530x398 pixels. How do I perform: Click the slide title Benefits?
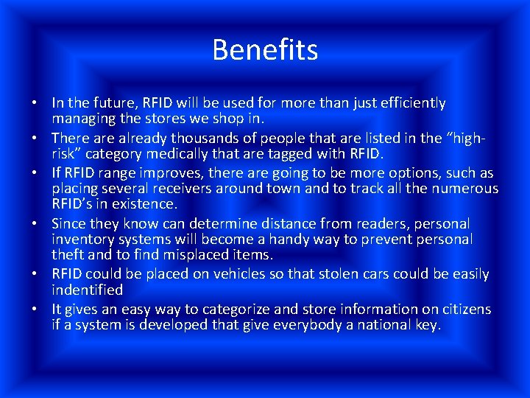coord(265,50)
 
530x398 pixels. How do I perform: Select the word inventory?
coord(82,240)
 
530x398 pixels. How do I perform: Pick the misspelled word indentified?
coord(87,290)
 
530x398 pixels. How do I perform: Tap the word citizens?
coord(465,309)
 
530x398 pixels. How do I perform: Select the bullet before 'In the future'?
coord(35,103)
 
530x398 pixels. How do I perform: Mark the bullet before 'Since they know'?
coord(35,223)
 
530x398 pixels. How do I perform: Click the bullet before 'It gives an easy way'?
coord(35,309)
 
